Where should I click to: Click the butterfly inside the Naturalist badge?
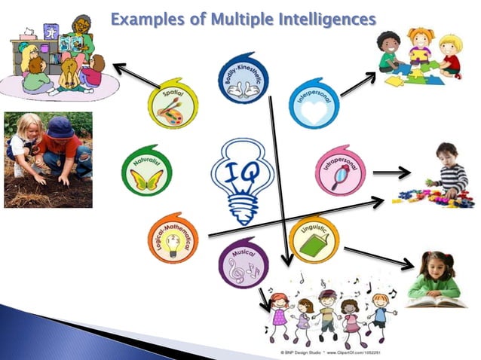[146, 178]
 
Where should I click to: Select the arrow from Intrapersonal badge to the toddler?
[391, 173]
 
